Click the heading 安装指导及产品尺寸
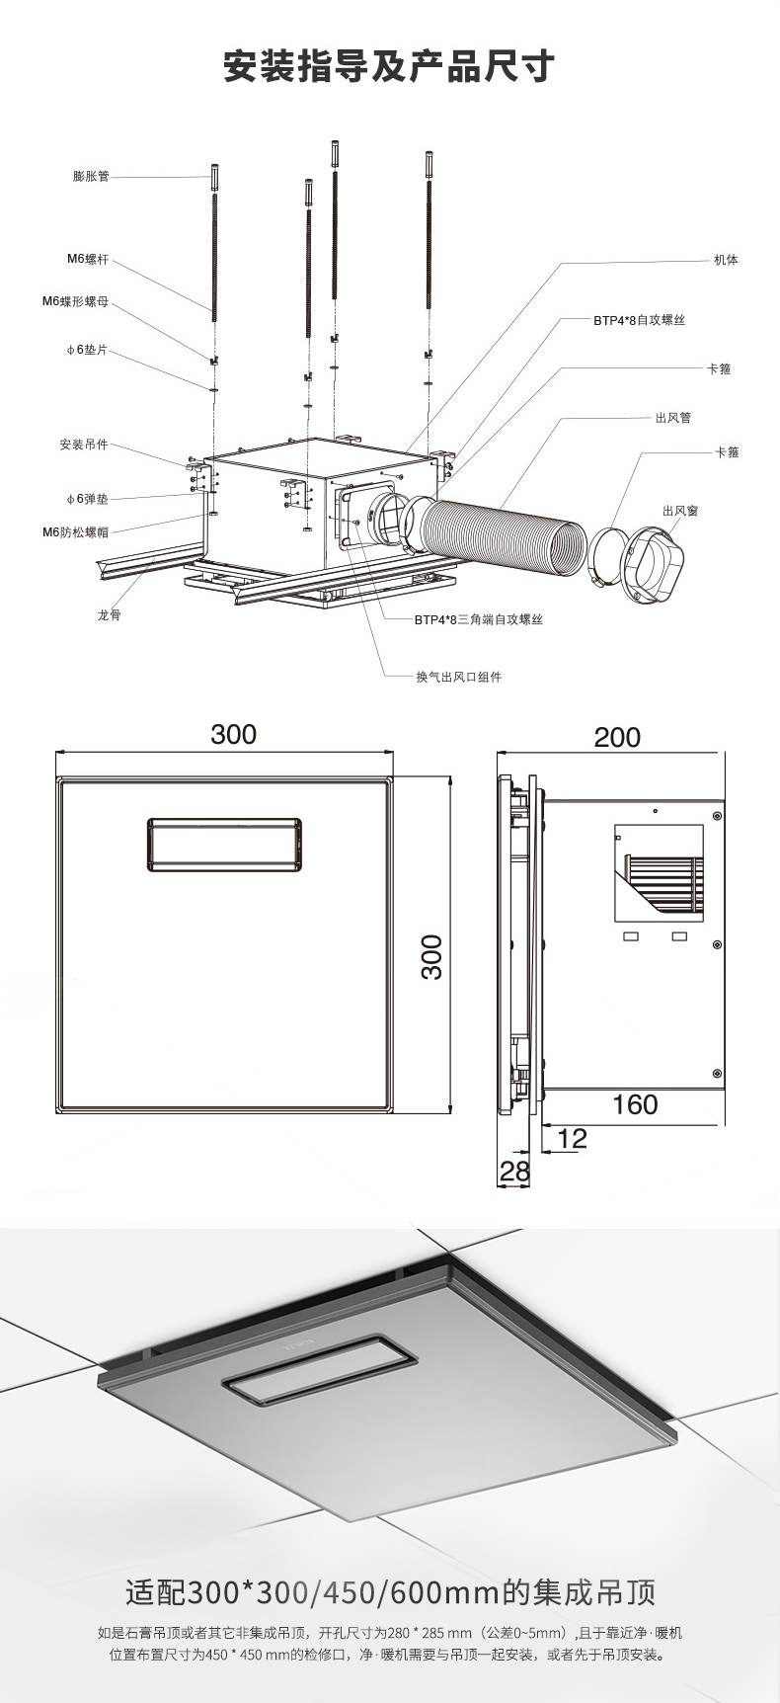pos(389,67)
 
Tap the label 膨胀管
pos(91,177)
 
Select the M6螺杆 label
pos(88,260)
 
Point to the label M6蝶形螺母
pos(75,300)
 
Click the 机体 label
pos(726,260)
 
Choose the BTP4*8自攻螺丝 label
pos(639,320)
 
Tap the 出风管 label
pos(673,418)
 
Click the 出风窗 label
pos(681,510)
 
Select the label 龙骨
pos(110,615)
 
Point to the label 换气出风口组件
pos(458,677)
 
